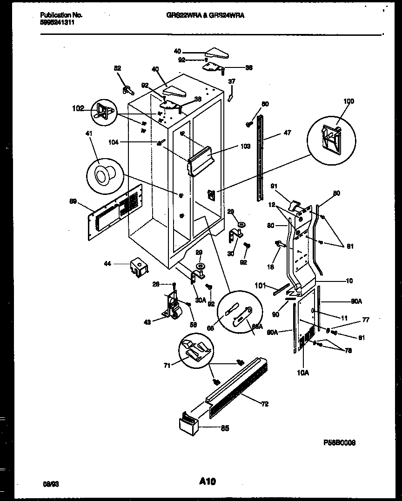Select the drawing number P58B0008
coord(339,443)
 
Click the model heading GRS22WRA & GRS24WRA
coord(205,15)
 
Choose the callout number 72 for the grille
coord(264,404)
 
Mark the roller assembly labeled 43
coord(172,307)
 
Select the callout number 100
coord(348,101)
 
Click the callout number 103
coord(246,147)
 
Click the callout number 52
coord(118,68)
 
